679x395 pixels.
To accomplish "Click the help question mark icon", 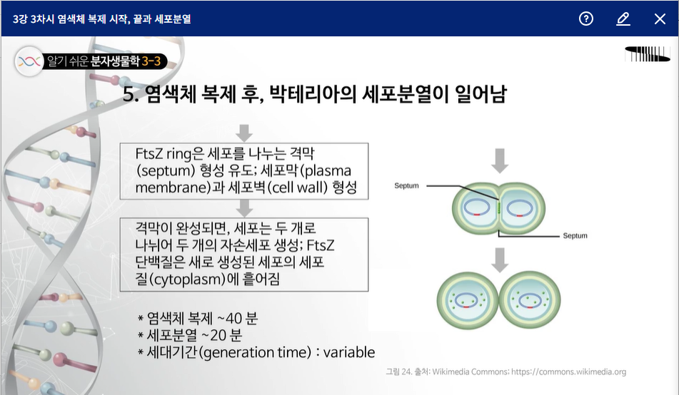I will coord(586,19).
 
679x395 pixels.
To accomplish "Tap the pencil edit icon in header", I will coord(623,19).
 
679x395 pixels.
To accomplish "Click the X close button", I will coord(660,19).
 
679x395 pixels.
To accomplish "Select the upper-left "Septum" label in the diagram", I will coord(406,185).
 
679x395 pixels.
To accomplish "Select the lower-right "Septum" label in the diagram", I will coord(575,235).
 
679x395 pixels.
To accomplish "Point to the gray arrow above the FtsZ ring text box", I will coord(244,132).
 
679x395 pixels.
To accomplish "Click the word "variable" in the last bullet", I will coord(350,352).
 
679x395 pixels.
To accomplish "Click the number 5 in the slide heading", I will coord(129,95).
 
